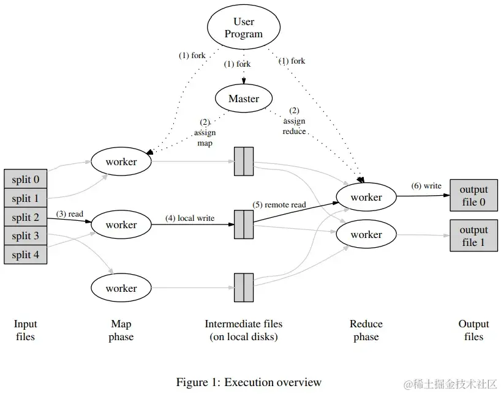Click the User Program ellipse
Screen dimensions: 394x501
(244, 28)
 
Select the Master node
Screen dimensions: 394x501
(244, 98)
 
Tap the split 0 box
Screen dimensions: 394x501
(25, 179)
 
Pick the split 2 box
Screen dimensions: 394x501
(25, 217)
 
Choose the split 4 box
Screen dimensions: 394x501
(25, 255)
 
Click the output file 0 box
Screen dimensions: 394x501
(473, 196)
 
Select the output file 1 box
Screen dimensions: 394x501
(473, 236)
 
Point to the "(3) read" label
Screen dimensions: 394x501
(69, 214)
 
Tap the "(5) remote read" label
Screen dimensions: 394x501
(279, 205)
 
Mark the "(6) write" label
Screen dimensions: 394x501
(426, 186)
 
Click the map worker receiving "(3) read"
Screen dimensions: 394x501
(121, 225)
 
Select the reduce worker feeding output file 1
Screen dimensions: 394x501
(366, 234)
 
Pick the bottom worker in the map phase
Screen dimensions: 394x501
(121, 288)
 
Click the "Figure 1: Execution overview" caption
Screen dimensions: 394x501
(249, 382)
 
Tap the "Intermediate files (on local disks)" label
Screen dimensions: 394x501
(244, 330)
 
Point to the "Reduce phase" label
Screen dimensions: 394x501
(366, 330)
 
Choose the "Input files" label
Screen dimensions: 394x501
(25, 330)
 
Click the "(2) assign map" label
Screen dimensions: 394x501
(206, 132)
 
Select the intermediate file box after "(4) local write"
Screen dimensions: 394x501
(244, 225)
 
